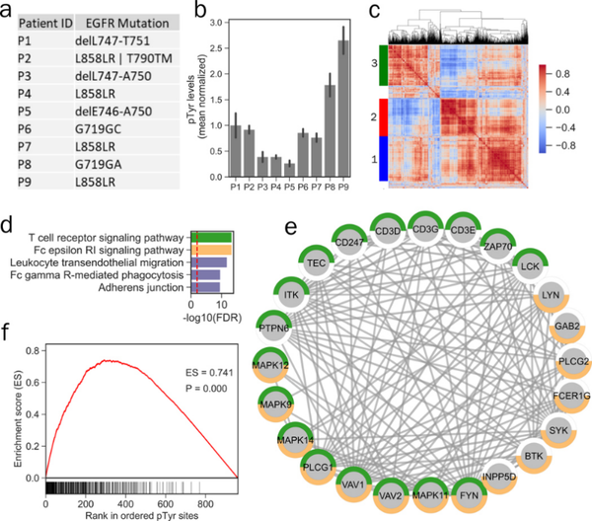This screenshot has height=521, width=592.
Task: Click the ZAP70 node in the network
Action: [x=474, y=242]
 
